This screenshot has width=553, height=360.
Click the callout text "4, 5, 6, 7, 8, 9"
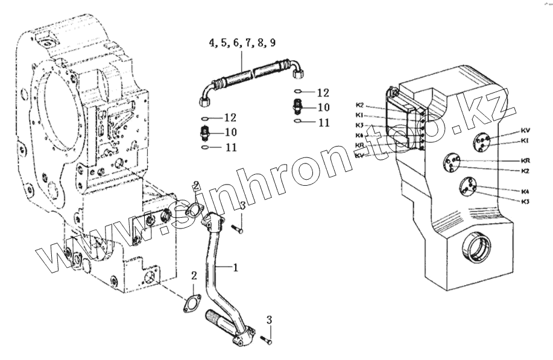point(243,43)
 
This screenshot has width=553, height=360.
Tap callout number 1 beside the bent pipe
point(236,267)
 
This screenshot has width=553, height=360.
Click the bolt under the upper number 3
point(236,229)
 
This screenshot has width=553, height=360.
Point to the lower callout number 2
point(194,276)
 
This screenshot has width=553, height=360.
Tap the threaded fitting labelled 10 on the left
point(204,132)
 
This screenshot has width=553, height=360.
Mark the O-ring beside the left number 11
point(204,147)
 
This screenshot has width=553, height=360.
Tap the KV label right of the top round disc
point(525,130)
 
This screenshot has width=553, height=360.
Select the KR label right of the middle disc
point(525,161)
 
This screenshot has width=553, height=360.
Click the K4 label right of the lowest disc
point(525,191)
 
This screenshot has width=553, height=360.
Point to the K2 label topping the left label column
point(359,105)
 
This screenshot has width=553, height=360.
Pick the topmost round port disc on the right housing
point(482,143)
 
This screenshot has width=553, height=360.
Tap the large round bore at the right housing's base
point(476,248)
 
